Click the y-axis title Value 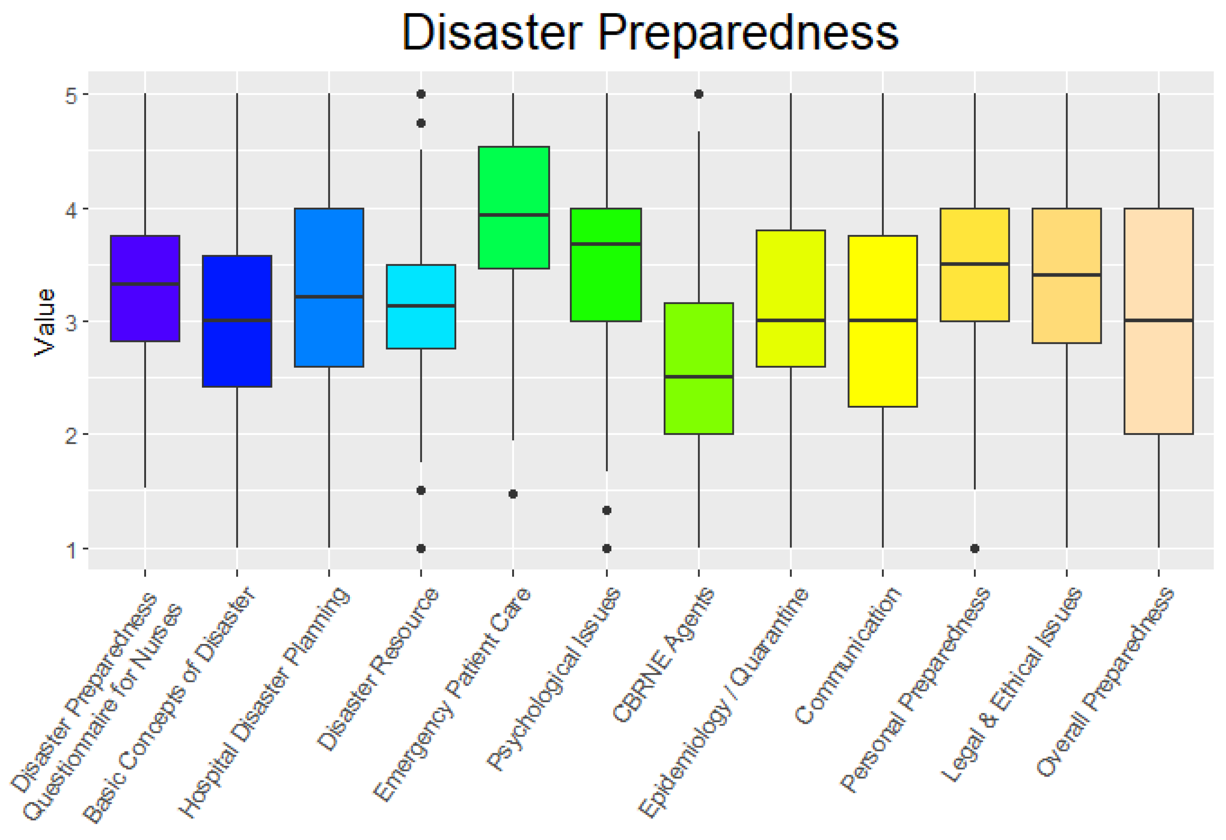click(x=44, y=322)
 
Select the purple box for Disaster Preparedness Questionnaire click(x=145, y=317)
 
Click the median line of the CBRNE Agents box click(x=699, y=376)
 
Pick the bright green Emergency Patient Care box click(x=513, y=179)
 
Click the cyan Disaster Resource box click(x=420, y=327)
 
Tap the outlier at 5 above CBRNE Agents click(x=699, y=94)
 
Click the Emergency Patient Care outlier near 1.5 click(x=513, y=494)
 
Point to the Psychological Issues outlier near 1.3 click(x=607, y=510)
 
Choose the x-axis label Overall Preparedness click(x=1105, y=681)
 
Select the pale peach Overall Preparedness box click(x=1158, y=380)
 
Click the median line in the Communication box click(x=883, y=320)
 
